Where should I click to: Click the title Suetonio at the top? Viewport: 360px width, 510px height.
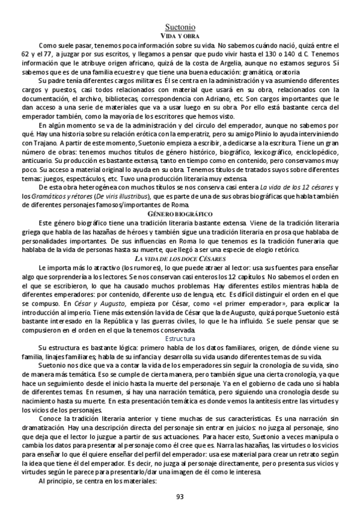(x=180, y=27)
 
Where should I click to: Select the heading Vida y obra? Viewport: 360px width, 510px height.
(x=180, y=36)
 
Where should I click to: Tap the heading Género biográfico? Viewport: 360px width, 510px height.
(x=180, y=214)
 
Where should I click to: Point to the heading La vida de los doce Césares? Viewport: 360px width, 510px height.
(x=180, y=257)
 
